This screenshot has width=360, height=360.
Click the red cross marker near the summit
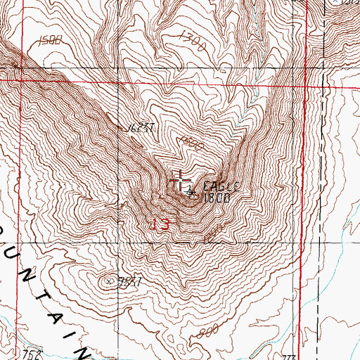click(x=180, y=180)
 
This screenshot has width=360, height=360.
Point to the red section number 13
click(x=161, y=224)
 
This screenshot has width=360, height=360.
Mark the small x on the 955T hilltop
click(x=110, y=281)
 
